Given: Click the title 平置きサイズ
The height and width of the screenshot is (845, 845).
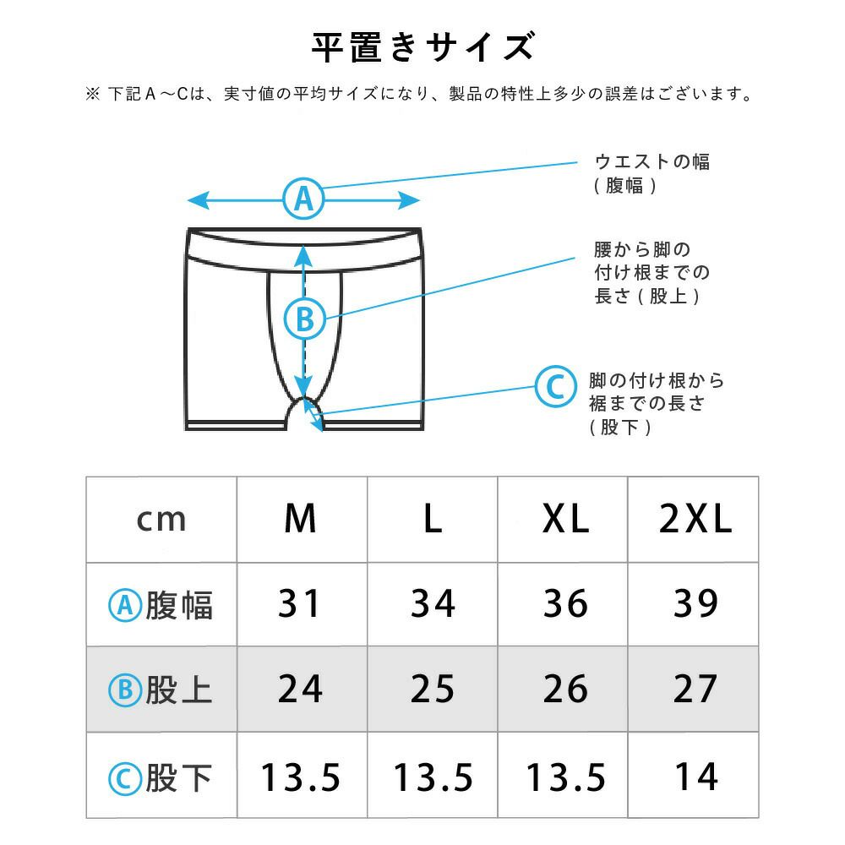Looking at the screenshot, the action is click(x=423, y=47).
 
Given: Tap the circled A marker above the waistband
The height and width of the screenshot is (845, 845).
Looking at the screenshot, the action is click(x=304, y=199).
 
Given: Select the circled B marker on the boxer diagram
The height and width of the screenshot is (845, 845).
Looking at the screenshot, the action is click(x=305, y=319).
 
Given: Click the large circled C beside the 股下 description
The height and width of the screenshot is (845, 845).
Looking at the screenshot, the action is click(x=556, y=386).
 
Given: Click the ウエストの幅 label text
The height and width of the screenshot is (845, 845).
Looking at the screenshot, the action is click(x=652, y=161).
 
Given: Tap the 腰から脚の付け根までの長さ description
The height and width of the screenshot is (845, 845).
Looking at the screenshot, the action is click(x=652, y=273).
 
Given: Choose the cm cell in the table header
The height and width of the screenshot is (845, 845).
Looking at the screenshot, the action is click(x=161, y=520).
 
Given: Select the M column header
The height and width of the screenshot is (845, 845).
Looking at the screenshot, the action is click(x=300, y=519).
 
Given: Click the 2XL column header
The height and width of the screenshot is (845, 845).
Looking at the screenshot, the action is click(x=695, y=519).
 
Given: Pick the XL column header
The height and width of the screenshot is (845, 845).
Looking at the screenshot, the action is click(x=565, y=519).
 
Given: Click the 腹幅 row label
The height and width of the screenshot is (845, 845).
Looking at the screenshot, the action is click(x=161, y=605).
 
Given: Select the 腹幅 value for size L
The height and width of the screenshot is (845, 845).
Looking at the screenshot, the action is click(x=433, y=603).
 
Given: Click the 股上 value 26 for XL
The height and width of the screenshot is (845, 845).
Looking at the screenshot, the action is click(x=565, y=689).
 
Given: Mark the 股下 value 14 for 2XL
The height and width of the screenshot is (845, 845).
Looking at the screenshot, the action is click(x=697, y=777).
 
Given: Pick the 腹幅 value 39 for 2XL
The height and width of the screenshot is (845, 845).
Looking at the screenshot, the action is click(x=695, y=603).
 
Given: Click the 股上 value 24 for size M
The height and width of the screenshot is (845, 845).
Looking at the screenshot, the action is click(x=300, y=689).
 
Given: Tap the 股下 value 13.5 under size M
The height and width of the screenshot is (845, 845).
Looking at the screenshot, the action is click(x=301, y=777).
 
